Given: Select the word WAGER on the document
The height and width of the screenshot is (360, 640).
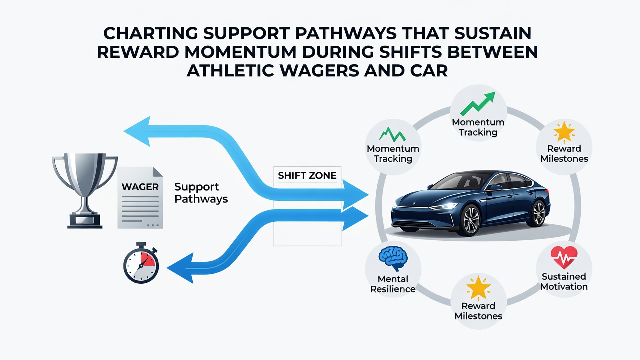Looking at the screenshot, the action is (140, 187).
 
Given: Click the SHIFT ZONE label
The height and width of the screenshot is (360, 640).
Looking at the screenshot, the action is (307, 175).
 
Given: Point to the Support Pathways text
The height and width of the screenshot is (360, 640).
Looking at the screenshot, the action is (201, 193).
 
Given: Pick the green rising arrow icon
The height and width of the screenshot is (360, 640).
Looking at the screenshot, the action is (478, 104).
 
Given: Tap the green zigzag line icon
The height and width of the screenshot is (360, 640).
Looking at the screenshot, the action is (392, 135).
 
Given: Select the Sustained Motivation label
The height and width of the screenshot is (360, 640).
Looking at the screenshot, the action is (564, 281).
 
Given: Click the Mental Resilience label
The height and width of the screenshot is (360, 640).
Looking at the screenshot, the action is (393, 284).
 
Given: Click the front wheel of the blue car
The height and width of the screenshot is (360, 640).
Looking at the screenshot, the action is (469, 221).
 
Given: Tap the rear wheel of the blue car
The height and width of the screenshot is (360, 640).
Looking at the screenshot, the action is (538, 214).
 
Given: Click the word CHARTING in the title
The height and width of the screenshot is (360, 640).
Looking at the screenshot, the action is (150, 33).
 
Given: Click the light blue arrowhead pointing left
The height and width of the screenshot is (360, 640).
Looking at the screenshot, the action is (137, 131).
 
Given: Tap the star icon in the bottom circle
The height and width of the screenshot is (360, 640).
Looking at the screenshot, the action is (478, 288).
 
